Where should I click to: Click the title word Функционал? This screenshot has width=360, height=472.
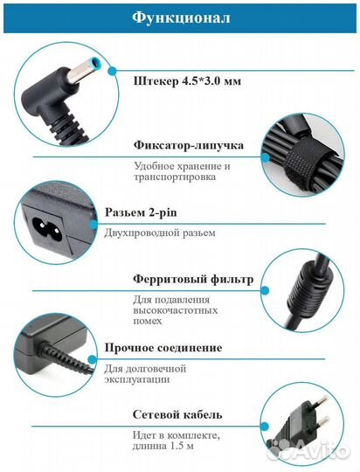180,17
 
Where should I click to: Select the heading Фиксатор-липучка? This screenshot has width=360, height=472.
188,145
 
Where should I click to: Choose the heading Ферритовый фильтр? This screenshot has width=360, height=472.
193,280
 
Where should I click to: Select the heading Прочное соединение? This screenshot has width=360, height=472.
177,347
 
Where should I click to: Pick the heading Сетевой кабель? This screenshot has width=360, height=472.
178,414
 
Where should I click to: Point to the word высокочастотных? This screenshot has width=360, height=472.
177,310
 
